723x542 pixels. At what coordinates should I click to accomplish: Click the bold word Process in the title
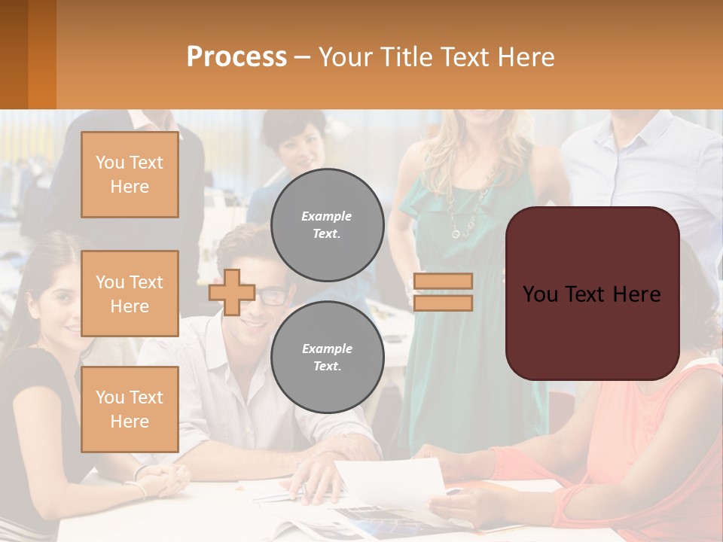point(236,56)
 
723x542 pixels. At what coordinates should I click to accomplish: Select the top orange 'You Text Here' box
point(130,175)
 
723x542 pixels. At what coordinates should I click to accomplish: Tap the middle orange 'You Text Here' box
point(130,294)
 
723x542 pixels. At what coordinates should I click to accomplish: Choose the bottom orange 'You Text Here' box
point(130,409)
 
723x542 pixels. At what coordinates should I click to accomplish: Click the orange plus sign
point(232,292)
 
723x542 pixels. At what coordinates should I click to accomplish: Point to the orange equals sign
point(443,292)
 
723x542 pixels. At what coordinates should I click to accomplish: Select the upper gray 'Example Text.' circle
point(327,225)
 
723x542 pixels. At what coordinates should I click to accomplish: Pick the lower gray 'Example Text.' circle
point(327,357)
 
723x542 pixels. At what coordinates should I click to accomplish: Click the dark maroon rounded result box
point(592,293)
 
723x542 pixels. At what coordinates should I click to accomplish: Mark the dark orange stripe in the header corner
point(42,54)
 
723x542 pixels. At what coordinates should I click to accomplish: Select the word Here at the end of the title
point(526,56)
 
